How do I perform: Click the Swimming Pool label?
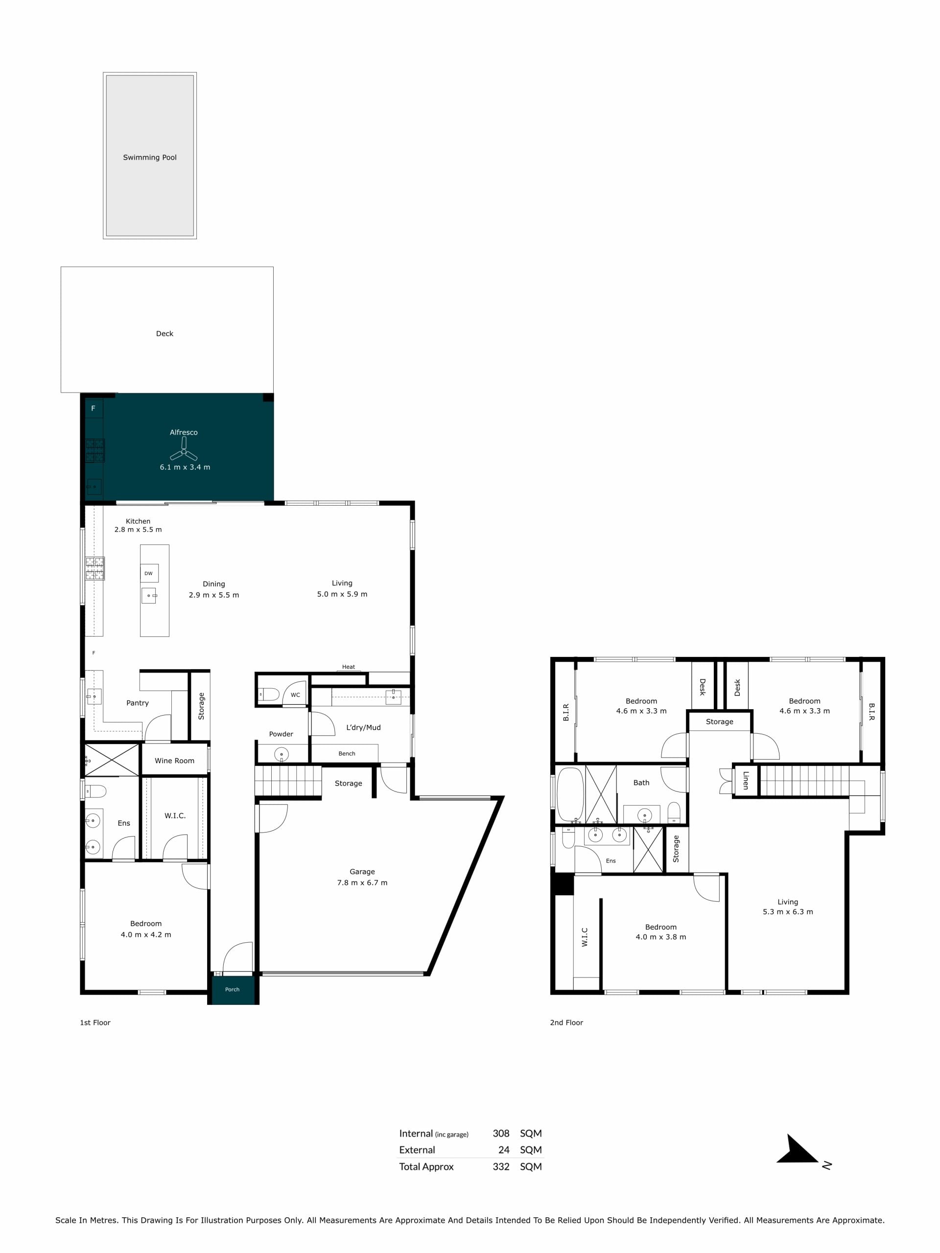coord(150,158)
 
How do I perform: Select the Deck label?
coord(164,334)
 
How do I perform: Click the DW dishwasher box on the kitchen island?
coord(149,573)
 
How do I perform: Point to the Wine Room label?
coord(174,761)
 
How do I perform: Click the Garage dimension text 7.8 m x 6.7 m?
coord(362,882)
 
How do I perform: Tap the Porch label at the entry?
coord(233,990)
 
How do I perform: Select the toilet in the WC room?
coord(269,695)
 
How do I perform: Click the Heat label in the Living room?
coord(349,667)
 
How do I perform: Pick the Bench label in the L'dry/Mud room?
coord(347,753)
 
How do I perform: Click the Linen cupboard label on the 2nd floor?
coord(746,781)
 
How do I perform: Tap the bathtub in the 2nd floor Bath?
coord(570,794)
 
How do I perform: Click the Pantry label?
coord(138,703)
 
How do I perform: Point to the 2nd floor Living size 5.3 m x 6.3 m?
coord(788,911)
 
